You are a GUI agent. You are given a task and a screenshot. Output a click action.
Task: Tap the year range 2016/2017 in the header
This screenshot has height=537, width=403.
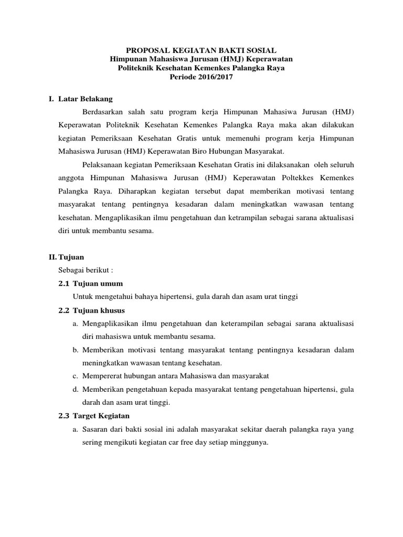coord(214,77)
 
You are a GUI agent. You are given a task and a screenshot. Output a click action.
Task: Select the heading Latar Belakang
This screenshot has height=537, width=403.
coord(85,99)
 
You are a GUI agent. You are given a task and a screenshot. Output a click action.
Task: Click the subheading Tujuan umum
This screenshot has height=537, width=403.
coord(98,284)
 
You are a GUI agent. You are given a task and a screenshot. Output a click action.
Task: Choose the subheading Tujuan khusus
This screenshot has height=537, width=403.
coord(99,310)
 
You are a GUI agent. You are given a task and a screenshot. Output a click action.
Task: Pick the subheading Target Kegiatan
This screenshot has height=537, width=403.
coord(101,416)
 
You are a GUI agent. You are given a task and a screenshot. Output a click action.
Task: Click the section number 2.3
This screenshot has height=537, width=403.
coord(63,416)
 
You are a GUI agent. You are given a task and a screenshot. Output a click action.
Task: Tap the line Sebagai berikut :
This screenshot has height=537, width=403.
coord(83,270)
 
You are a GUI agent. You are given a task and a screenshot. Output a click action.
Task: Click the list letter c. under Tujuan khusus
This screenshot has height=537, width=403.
coord(76,376)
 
